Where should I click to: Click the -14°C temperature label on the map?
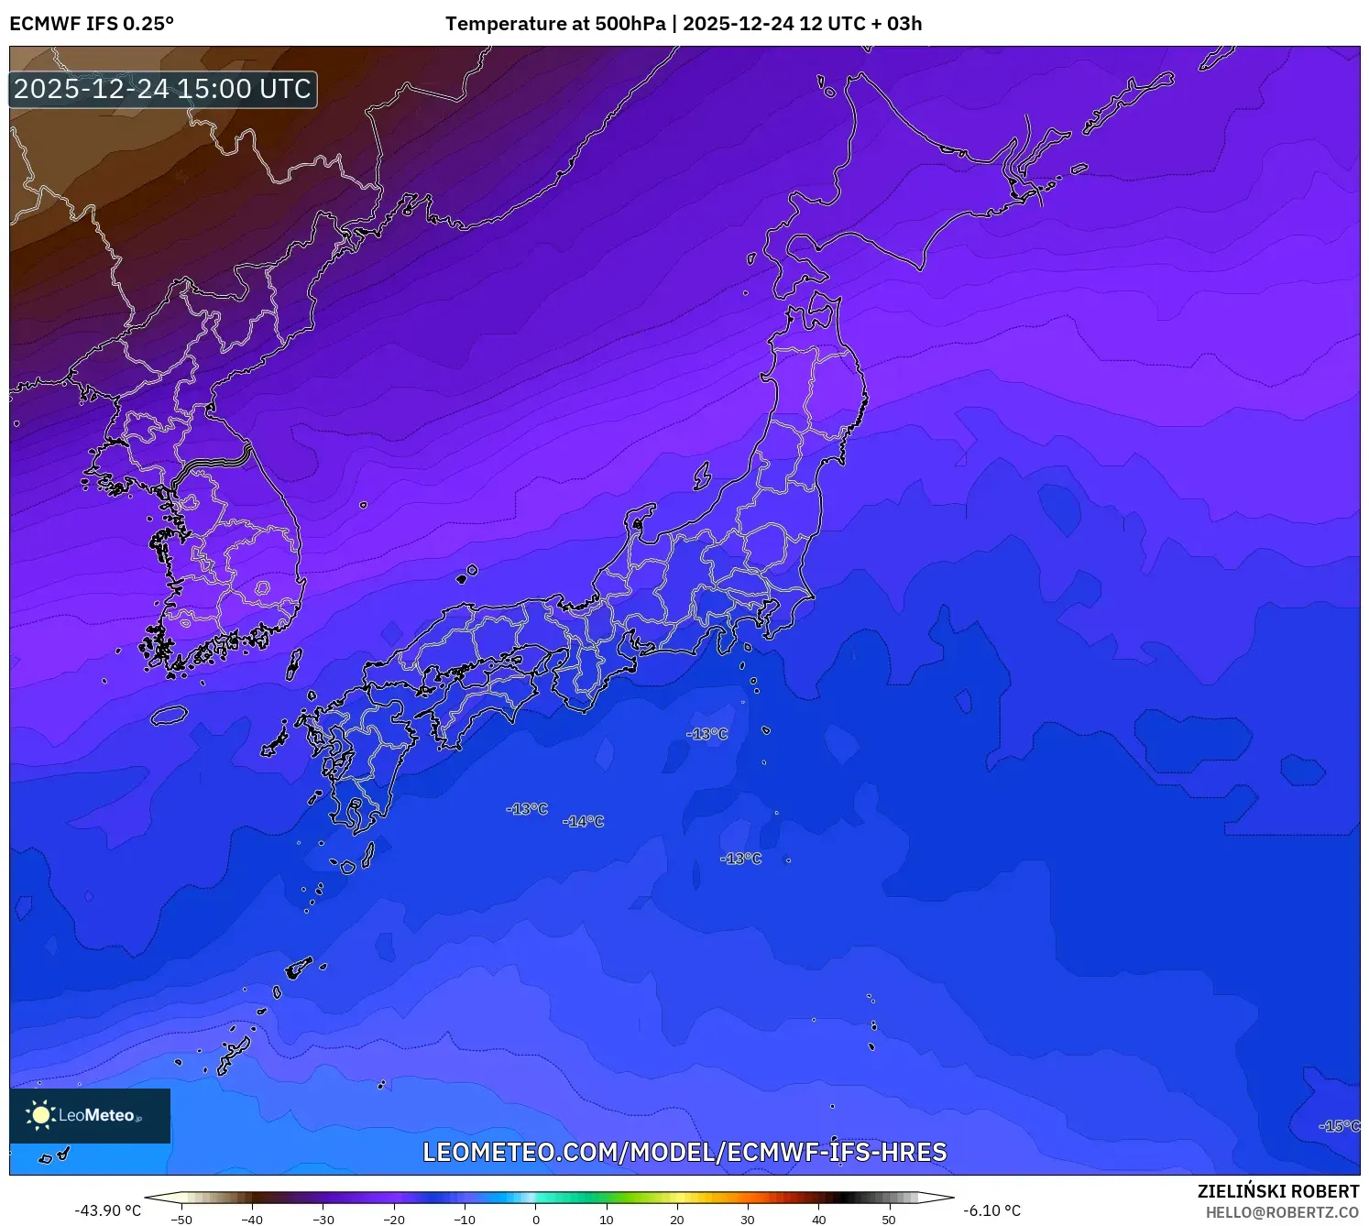584,822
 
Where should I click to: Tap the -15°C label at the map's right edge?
1339,1126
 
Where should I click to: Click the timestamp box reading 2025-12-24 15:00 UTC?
163,90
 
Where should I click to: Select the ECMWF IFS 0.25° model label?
92,24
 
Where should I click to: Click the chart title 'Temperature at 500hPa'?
555,24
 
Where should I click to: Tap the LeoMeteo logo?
90,1115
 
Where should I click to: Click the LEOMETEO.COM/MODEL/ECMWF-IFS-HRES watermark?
684,1153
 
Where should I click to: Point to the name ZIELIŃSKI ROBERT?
1277,1191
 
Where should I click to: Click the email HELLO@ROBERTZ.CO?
1282,1212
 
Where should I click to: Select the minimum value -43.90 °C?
108,1211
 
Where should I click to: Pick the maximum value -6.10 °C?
991,1211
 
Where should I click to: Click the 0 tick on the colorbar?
536,1220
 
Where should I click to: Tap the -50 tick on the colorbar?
181,1220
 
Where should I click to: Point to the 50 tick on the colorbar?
889,1220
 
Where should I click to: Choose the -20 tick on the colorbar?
394,1220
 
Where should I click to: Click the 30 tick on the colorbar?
748,1220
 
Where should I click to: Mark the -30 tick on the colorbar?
323,1220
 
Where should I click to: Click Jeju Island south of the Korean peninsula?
169,716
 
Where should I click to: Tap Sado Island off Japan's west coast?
702,476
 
